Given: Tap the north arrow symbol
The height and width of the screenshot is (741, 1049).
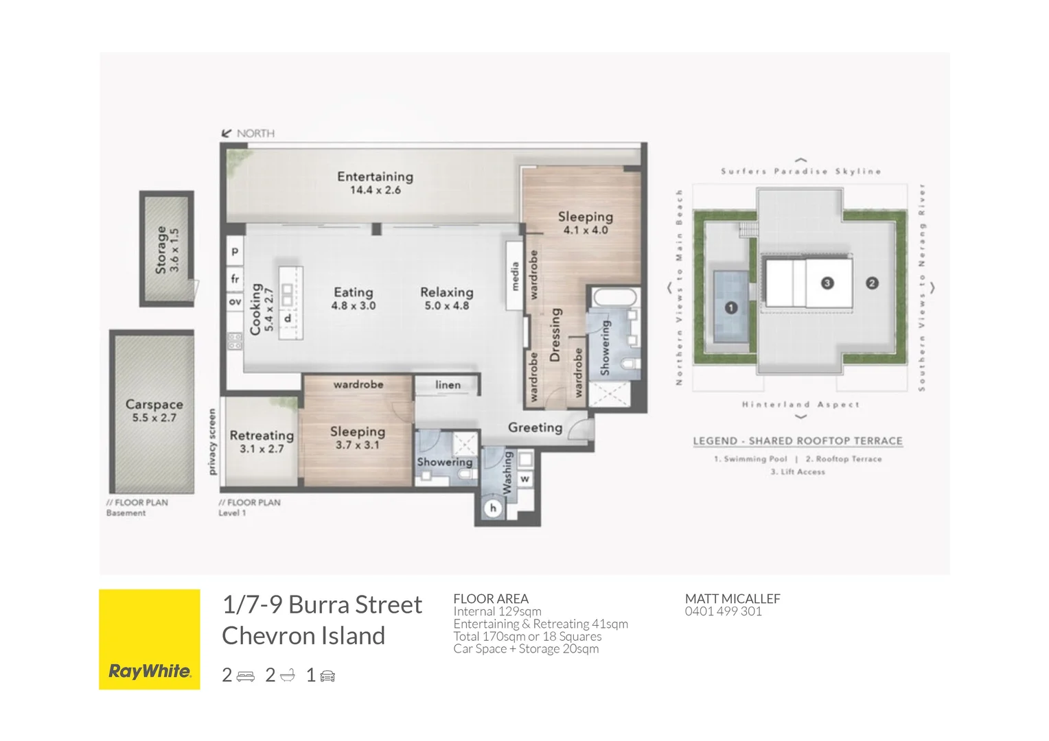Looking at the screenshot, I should (227, 134).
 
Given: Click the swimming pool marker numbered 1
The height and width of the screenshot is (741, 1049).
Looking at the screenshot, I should (730, 308).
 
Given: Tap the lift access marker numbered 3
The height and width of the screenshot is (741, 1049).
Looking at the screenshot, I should (827, 283).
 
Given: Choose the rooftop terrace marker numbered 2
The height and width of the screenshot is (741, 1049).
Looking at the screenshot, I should (872, 283).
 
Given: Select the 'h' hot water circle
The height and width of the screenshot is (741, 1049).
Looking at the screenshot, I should (492, 508).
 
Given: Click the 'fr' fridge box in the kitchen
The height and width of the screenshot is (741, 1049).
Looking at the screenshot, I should (235, 279).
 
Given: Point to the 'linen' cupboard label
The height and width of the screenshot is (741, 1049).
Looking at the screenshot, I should (448, 385).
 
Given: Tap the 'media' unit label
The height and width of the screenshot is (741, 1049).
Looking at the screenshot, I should (514, 276).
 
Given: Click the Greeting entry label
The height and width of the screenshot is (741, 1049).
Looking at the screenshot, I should (535, 427).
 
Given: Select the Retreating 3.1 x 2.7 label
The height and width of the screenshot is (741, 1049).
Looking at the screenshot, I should (262, 441).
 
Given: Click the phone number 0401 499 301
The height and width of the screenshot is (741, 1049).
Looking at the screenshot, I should (723, 611).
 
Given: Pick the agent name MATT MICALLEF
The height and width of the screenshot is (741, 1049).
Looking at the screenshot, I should (732, 598).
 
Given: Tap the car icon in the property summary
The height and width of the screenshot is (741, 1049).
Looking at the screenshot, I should (327, 677).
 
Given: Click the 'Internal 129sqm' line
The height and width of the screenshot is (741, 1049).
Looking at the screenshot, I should (497, 611).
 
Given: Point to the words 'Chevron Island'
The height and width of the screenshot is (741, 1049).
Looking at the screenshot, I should (303, 636).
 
